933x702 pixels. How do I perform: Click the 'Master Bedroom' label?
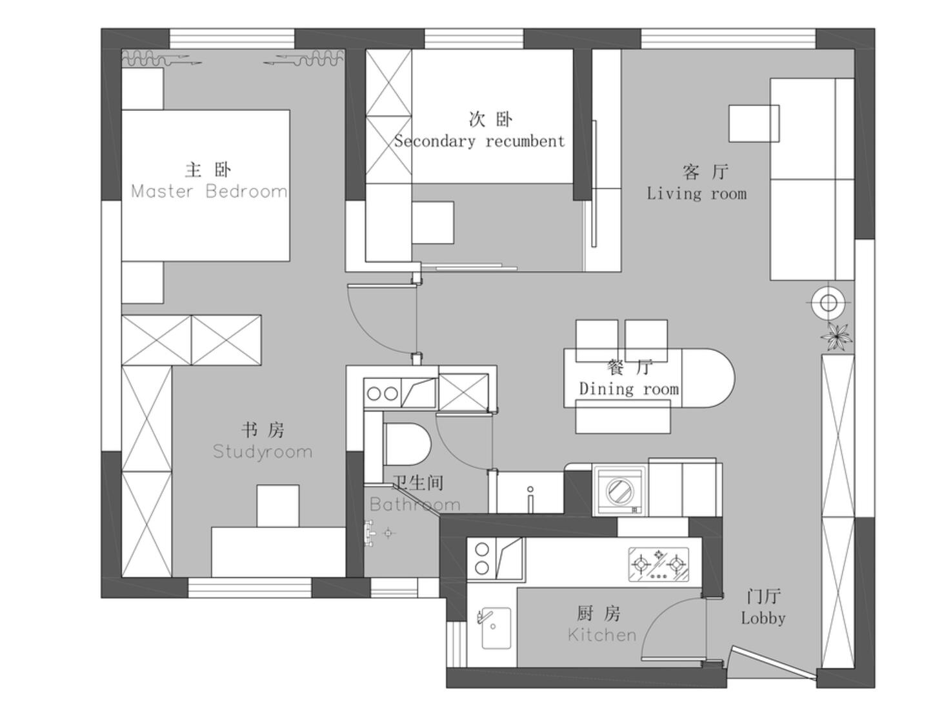click(209, 192)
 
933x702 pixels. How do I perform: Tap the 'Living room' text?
click(697, 194)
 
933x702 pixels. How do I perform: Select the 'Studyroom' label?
click(262, 452)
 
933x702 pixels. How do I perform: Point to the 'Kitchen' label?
click(602, 635)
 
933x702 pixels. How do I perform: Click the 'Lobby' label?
click(763, 618)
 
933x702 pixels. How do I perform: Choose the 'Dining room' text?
click(628, 389)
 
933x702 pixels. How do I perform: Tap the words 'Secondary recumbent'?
click(479, 141)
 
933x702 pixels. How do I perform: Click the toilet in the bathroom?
click(406, 444)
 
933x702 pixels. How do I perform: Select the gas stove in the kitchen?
click(658, 565)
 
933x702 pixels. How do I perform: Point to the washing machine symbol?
click(620, 491)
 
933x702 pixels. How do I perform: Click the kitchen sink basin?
click(496, 628)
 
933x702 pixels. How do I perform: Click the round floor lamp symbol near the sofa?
click(828, 303)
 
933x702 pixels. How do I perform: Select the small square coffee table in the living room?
click(754, 124)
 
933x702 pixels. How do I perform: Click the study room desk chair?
click(278, 506)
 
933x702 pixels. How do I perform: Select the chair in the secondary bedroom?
click(433, 223)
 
